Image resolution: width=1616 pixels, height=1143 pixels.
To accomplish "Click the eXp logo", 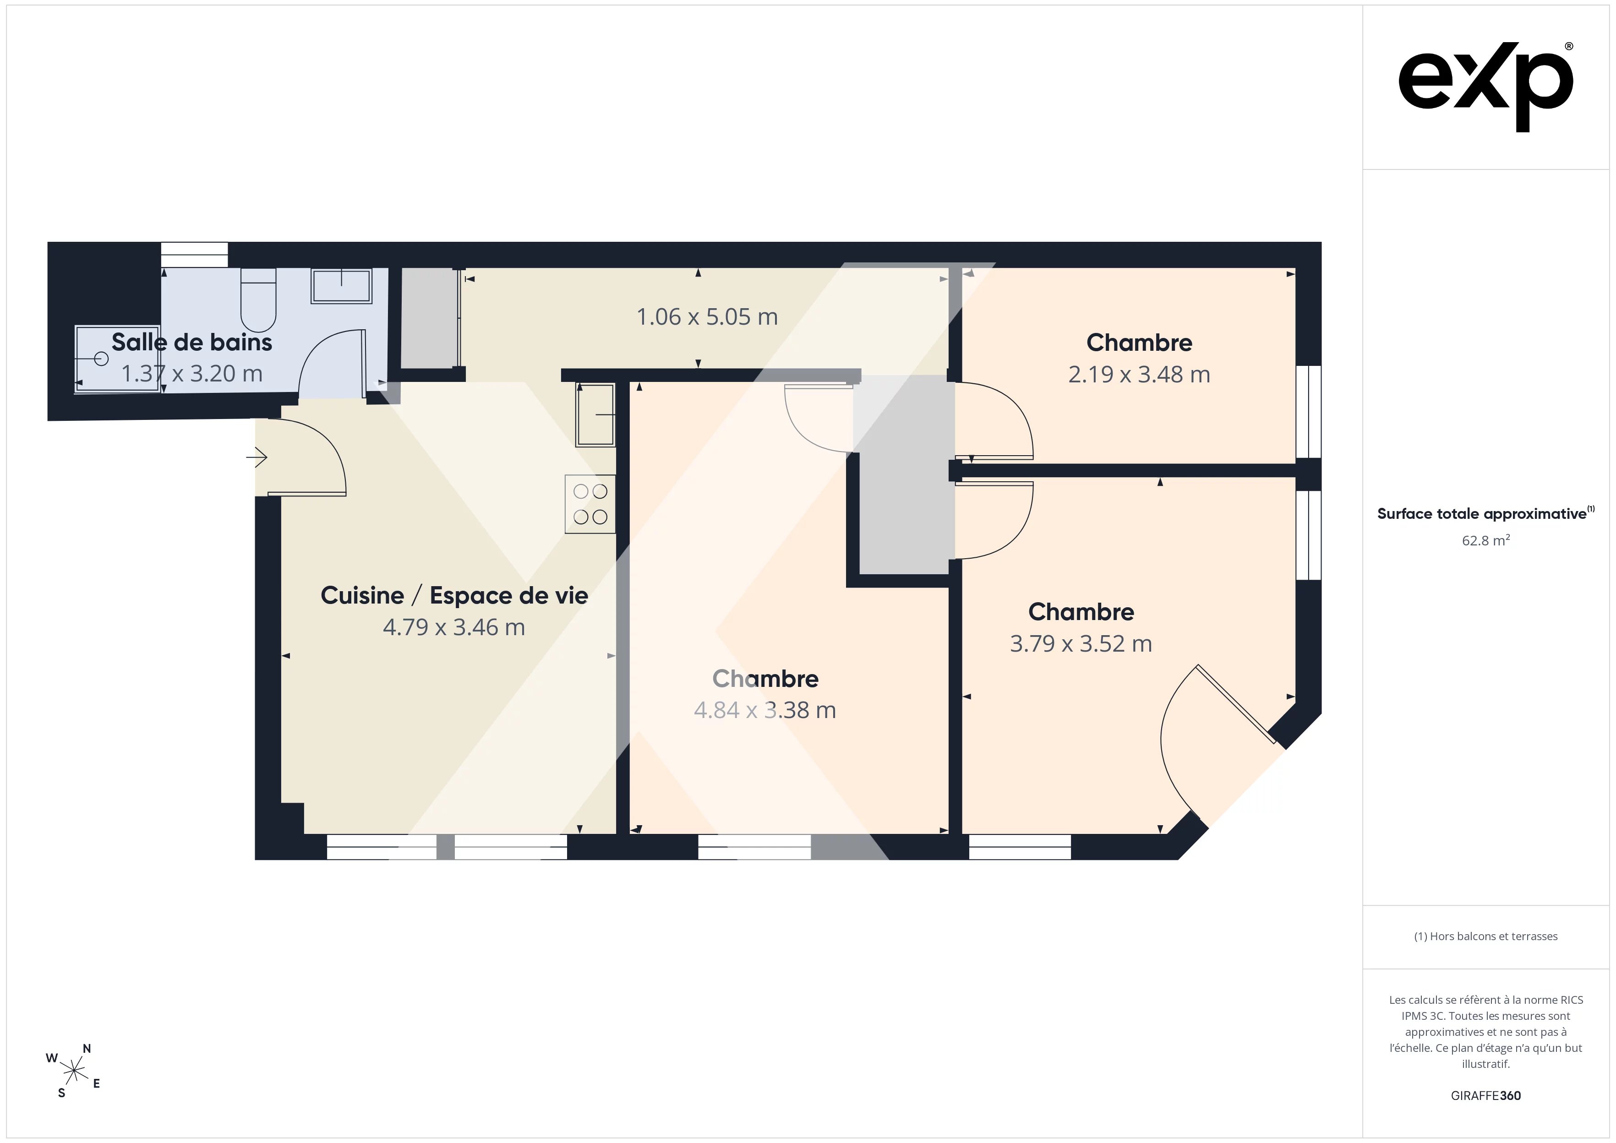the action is click(x=1486, y=87).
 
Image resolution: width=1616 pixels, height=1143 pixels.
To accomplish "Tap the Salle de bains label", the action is click(x=191, y=342).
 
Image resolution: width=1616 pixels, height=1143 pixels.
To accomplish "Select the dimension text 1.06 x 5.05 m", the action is click(x=707, y=317).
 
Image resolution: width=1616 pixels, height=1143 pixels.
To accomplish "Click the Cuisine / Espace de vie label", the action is click(x=454, y=595).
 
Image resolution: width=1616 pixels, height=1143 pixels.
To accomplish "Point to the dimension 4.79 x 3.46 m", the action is click(x=454, y=627).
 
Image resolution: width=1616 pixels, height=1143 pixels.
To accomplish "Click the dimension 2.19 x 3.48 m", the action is click(x=1139, y=375).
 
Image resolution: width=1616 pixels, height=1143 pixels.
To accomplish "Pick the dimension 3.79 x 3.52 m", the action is click(x=1081, y=644).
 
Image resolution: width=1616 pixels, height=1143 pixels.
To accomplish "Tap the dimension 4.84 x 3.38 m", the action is click(x=764, y=710).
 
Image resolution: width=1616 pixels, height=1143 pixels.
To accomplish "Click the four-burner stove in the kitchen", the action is click(x=590, y=504).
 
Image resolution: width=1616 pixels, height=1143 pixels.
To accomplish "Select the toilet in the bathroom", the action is click(x=258, y=299).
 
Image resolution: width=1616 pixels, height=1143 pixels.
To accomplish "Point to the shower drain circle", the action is click(x=101, y=359).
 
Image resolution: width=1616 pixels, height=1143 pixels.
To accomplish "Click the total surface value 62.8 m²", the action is click(x=1485, y=540).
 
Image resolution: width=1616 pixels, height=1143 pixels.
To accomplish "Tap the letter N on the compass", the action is click(x=87, y=1049).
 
